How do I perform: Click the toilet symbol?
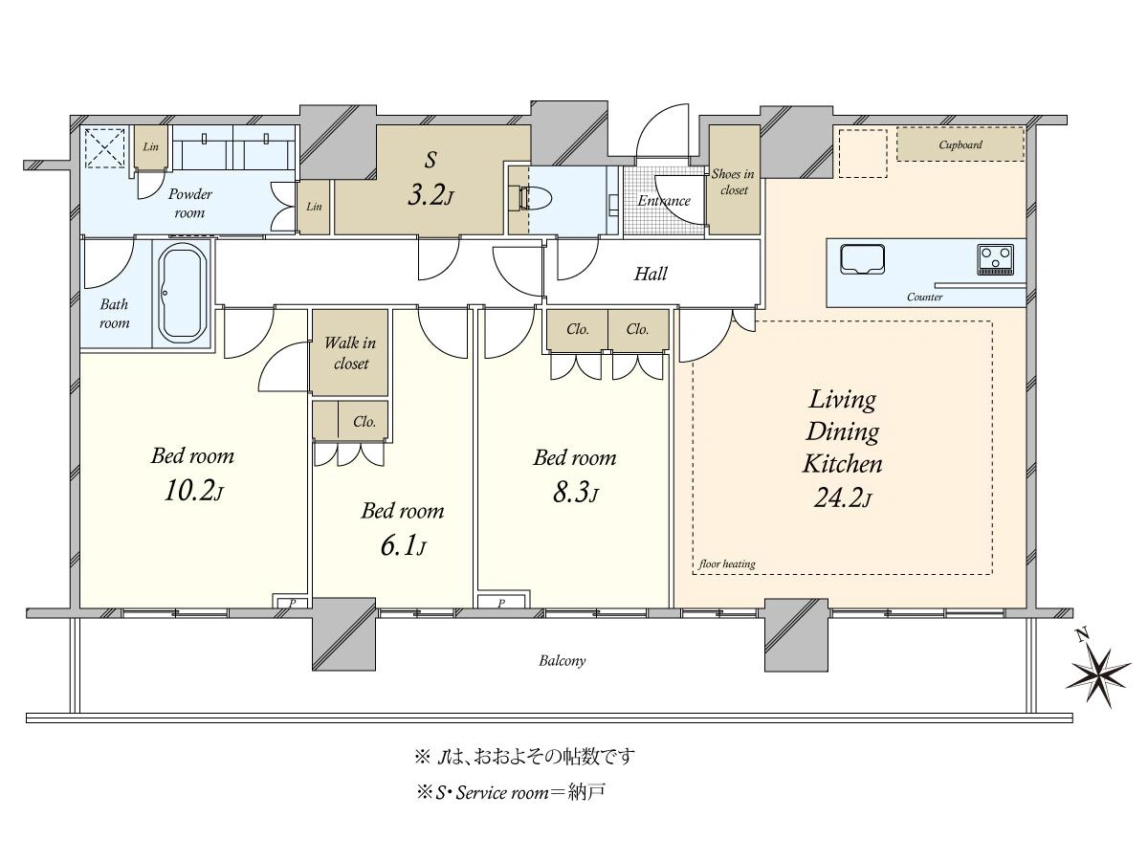click(x=536, y=199)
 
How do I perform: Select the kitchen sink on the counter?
click(x=863, y=259)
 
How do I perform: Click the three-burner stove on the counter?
click(x=995, y=259)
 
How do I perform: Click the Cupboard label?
click(x=960, y=144)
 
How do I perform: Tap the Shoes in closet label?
click(x=733, y=182)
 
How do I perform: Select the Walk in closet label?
click(x=350, y=353)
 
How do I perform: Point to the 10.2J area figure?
click(x=193, y=491)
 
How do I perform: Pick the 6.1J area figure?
click(x=403, y=545)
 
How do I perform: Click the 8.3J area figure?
click(x=575, y=492)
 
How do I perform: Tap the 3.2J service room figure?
click(x=430, y=195)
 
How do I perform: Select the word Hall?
click(x=651, y=274)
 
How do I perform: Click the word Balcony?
click(x=563, y=661)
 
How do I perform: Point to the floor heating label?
click(x=726, y=563)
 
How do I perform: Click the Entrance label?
click(x=664, y=201)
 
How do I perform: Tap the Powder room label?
click(x=189, y=204)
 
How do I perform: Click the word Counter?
click(x=925, y=297)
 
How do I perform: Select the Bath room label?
click(x=114, y=314)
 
